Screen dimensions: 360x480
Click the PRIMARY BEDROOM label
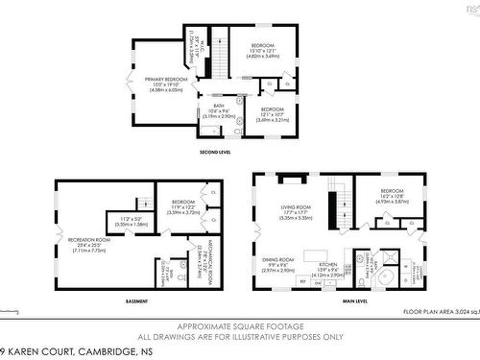166,80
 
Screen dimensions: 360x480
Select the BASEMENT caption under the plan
136,302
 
